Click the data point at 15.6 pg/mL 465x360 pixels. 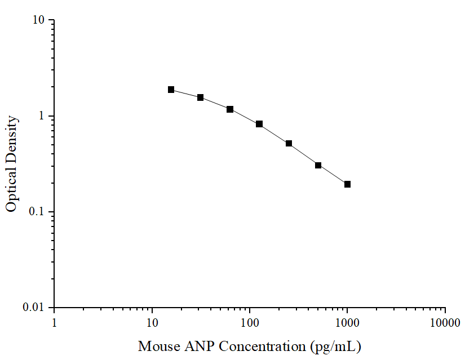pyautogui.click(x=171, y=90)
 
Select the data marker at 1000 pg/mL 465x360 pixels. pyautogui.click(x=347, y=184)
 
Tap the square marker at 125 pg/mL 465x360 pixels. pyautogui.click(x=259, y=124)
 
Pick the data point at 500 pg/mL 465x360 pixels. pyautogui.click(x=318, y=165)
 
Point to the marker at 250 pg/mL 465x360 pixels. pyautogui.click(x=289, y=144)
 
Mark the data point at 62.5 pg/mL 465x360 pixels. pyautogui.click(x=230, y=109)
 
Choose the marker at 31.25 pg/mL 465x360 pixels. pyautogui.click(x=200, y=97)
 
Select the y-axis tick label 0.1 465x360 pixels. pyautogui.click(x=38, y=212)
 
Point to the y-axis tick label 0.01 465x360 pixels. pyautogui.click(x=35, y=308)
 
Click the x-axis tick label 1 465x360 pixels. pyautogui.click(x=54, y=323)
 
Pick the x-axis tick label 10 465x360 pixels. pyautogui.click(x=152, y=323)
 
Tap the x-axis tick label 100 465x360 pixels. pyautogui.click(x=250, y=323)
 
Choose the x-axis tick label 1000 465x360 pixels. pyautogui.click(x=347, y=323)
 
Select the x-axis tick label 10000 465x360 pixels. pyautogui.click(x=445, y=323)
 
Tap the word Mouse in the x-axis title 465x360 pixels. pyautogui.click(x=155, y=345)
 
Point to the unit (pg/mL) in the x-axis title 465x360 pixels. pyautogui.click(x=335, y=346)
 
